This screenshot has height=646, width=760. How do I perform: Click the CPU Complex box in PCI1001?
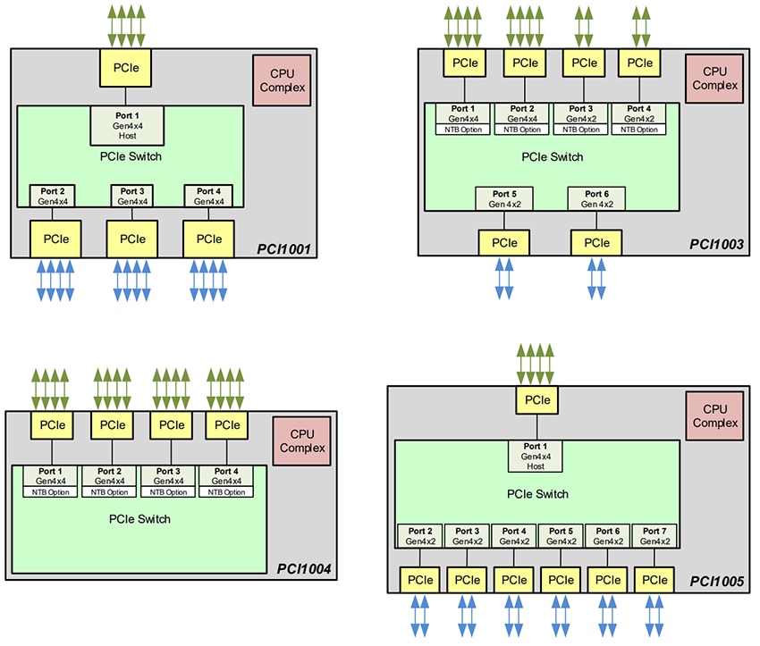pyautogui.click(x=282, y=81)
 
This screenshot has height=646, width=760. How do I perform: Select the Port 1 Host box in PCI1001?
pyautogui.click(x=125, y=125)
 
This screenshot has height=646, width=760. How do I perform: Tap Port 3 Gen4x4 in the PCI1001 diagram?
pyautogui.click(x=131, y=196)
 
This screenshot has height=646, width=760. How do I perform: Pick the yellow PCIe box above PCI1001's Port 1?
pyautogui.click(x=125, y=68)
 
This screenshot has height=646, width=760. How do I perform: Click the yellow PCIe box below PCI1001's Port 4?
pyautogui.click(x=208, y=239)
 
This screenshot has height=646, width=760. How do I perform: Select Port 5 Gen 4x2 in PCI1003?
pyautogui.click(x=503, y=198)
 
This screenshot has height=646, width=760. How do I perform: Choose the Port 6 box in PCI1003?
pyautogui.click(x=596, y=198)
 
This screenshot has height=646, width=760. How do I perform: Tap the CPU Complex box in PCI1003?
pyautogui.click(x=714, y=79)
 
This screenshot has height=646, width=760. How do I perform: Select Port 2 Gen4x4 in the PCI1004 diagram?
pyautogui.click(x=109, y=482)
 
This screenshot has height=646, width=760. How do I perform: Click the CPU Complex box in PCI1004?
pyautogui.click(x=301, y=441)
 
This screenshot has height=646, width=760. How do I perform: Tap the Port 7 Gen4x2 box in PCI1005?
pyautogui.click(x=654, y=536)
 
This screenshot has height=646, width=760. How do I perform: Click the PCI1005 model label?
pyautogui.click(x=717, y=582)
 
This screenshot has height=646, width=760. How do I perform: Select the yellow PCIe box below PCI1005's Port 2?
pyautogui.click(x=421, y=580)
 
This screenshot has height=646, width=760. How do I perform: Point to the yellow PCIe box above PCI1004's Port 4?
pyautogui.click(x=228, y=425)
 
